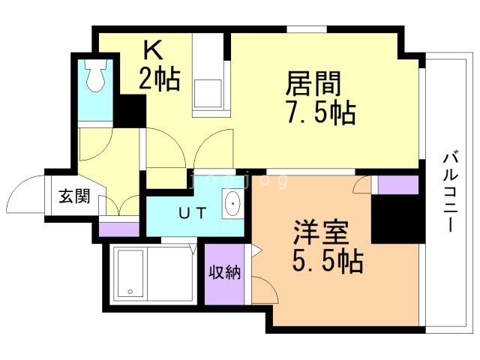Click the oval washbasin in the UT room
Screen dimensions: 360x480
pos(232,205)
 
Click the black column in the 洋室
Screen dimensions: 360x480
pos(394,218)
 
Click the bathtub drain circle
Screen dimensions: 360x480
pos(130,292)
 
